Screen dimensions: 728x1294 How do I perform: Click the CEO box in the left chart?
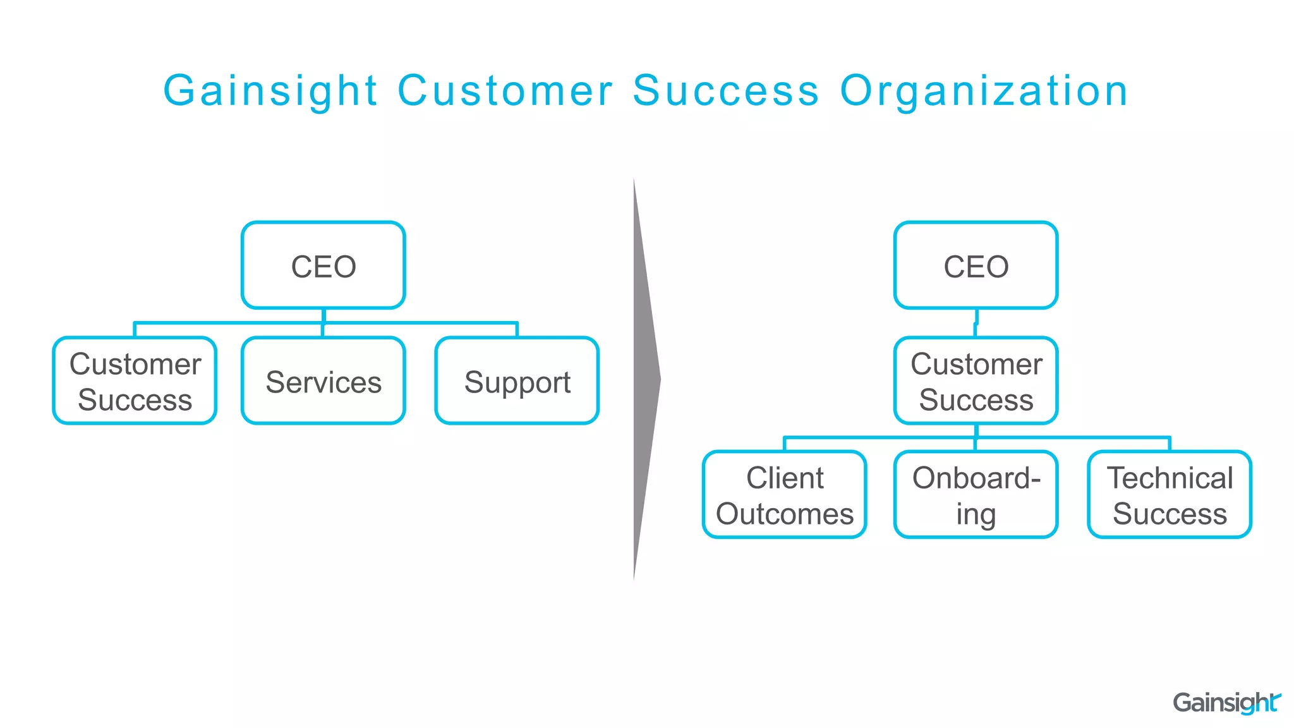pyautogui.click(x=323, y=265)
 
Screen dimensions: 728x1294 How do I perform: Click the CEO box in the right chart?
pyautogui.click(x=976, y=265)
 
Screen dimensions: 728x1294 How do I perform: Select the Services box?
pyautogui.click(x=323, y=381)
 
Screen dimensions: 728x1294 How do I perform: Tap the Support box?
pyautogui.click(x=517, y=381)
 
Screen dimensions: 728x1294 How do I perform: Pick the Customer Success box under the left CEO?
pyautogui.click(x=135, y=381)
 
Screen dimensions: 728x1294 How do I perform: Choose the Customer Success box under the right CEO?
pyautogui.click(x=976, y=381)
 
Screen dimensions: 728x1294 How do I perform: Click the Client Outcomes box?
pyautogui.click(x=784, y=495)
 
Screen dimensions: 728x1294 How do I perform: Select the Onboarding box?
pyautogui.click(x=976, y=495)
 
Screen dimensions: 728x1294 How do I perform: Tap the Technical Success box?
pyautogui.click(x=1170, y=495)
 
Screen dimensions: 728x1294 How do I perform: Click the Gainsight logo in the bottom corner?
pyautogui.click(x=1226, y=703)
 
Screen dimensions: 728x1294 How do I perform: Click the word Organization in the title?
pyautogui.click(x=984, y=90)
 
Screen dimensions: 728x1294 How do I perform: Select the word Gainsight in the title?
pyautogui.click(x=270, y=90)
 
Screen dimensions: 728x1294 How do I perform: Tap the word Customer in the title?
pyautogui.click(x=505, y=90)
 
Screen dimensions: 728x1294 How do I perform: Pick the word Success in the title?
pyautogui.click(x=725, y=90)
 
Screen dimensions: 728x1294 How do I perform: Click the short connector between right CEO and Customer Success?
pyautogui.click(x=976, y=323)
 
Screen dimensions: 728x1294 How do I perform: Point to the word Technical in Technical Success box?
pyautogui.click(x=1170, y=478)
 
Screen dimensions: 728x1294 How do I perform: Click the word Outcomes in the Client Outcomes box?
pyautogui.click(x=784, y=514)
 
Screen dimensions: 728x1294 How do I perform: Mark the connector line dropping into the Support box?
pyautogui.click(x=517, y=330)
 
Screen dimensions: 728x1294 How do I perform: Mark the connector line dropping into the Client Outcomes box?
pyautogui.click(x=784, y=444)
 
